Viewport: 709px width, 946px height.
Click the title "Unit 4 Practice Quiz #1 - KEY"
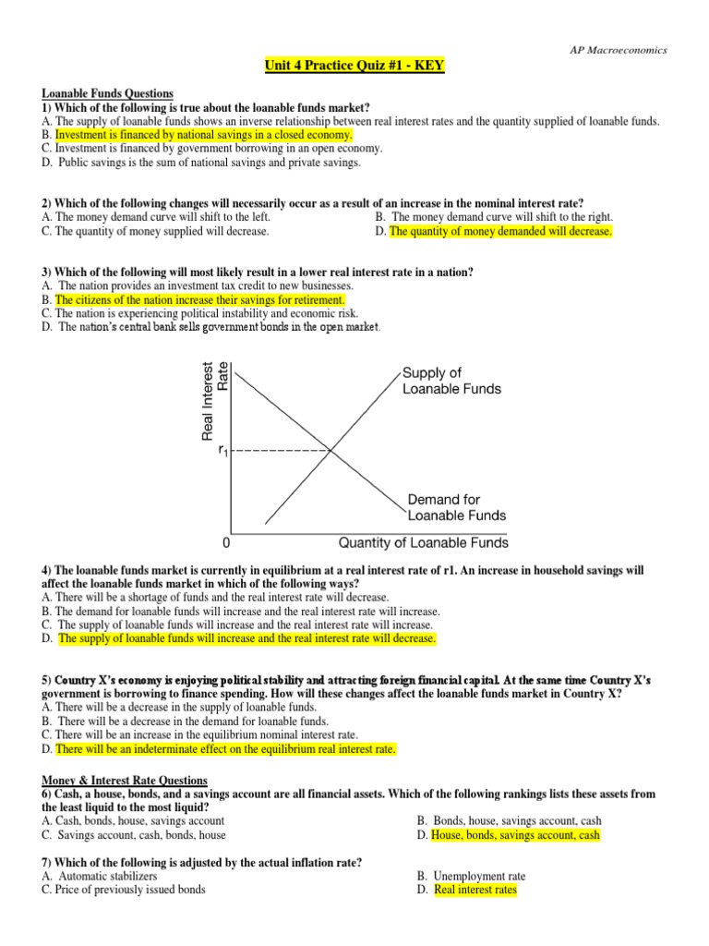pos(354,67)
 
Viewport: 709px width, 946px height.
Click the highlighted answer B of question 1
pos(204,134)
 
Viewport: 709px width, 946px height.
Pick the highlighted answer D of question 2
pos(500,231)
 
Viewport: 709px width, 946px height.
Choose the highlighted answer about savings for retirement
pos(200,300)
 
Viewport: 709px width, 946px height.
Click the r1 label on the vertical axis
pos(222,451)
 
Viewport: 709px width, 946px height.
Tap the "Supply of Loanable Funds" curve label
pos(451,381)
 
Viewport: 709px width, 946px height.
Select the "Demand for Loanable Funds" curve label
pos(456,507)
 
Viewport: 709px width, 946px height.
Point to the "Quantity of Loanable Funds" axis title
pos(424,543)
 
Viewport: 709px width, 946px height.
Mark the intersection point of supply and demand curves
pos(330,450)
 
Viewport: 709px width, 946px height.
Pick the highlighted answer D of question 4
pos(246,638)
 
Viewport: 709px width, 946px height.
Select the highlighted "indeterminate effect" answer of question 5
pos(225,749)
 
